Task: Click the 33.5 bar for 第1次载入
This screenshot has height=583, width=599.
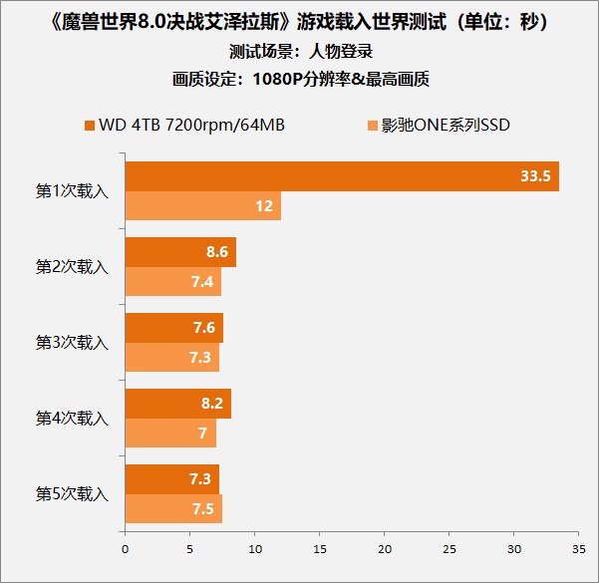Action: click(x=341, y=176)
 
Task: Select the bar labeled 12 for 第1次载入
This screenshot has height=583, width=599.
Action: click(x=202, y=205)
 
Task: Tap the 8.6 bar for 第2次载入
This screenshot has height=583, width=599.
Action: click(x=180, y=252)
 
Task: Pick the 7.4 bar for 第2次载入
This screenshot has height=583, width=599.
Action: click(x=172, y=282)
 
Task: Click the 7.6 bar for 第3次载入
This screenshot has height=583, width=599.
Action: click(x=173, y=328)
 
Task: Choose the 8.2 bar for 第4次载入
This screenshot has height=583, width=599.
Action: click(x=177, y=404)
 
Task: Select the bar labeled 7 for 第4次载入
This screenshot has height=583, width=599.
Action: click(x=169, y=434)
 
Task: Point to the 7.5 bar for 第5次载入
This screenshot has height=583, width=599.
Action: click(x=173, y=509)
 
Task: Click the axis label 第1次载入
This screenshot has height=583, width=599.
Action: click(x=72, y=191)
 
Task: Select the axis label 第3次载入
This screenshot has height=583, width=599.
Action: click(x=72, y=343)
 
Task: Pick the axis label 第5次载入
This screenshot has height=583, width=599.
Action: click(x=72, y=494)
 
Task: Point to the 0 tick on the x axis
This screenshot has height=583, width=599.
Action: click(x=125, y=547)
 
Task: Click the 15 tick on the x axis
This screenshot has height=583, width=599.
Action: click(x=319, y=547)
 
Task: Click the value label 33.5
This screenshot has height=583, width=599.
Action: click(x=535, y=176)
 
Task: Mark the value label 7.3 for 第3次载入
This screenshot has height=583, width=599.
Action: click(x=199, y=358)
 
